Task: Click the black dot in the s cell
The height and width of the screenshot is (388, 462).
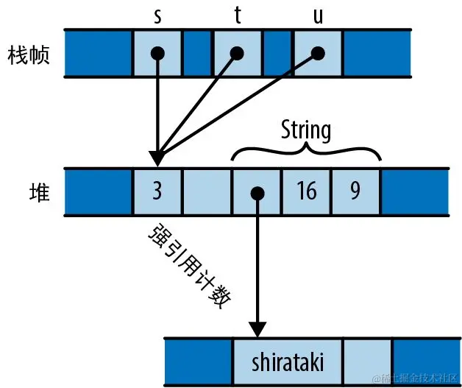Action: pos(157,53)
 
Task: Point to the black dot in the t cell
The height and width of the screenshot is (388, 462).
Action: pos(237,53)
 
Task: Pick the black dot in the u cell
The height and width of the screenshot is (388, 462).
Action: pos(318,53)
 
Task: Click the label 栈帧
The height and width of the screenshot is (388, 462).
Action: pos(29,54)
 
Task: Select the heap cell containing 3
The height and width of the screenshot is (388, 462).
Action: pos(157,192)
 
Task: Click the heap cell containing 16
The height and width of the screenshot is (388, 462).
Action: pos(306,192)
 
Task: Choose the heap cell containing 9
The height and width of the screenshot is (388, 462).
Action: pos(355,192)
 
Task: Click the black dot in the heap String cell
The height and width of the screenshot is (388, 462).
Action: pos(257,194)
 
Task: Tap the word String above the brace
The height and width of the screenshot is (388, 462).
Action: pos(306,131)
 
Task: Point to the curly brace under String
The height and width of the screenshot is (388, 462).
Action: pos(306,151)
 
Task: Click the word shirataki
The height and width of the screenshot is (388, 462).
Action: pos(287,362)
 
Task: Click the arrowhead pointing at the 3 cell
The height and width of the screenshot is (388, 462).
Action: pos(157,158)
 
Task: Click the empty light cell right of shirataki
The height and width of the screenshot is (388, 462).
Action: pos(367,361)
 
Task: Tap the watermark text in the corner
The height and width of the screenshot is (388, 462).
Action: pos(415,378)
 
